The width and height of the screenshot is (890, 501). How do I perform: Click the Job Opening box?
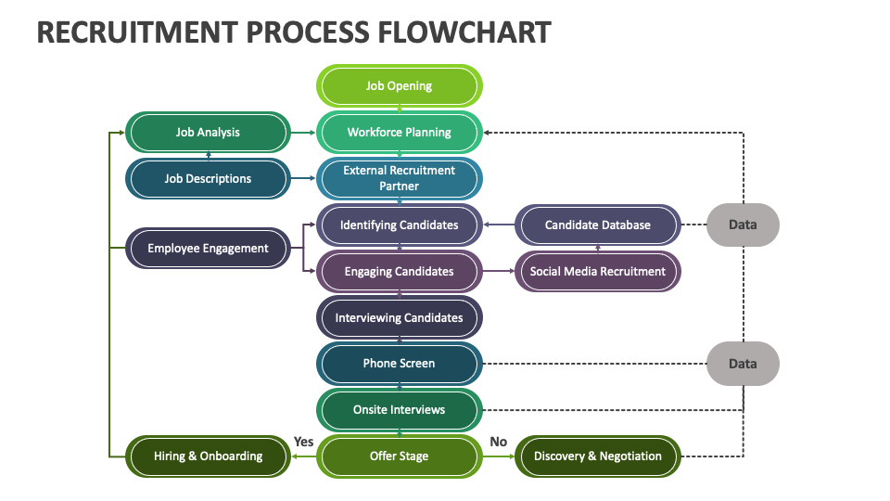pos(399,85)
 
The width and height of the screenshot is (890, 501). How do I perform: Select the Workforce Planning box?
pos(399,132)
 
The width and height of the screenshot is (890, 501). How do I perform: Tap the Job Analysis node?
pos(208,132)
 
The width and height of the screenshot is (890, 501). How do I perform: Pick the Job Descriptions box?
pos(208,178)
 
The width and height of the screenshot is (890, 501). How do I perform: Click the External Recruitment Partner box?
pos(399,178)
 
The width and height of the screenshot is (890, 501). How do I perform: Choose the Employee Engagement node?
pos(208,248)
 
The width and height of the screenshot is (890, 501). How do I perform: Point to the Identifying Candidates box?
pos(399,225)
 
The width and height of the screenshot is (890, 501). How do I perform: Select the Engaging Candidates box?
pos(399,271)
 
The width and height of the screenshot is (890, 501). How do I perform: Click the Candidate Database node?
pos(597,225)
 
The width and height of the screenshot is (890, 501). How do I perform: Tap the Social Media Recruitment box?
pos(597,271)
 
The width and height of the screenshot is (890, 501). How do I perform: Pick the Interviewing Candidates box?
pos(399,317)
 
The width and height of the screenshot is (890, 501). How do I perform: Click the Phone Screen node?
pos(399,364)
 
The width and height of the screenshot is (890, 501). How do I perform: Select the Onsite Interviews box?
pos(399,409)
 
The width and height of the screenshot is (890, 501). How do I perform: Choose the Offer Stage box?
pos(399,456)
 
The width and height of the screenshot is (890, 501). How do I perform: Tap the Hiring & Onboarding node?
pos(208,456)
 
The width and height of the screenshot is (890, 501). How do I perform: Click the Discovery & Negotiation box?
pos(597,456)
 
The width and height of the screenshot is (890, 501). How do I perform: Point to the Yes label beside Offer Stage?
pos(303,442)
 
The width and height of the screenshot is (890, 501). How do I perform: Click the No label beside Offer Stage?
pos(498,442)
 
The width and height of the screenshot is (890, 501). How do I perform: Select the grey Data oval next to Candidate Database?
pos(743,225)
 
